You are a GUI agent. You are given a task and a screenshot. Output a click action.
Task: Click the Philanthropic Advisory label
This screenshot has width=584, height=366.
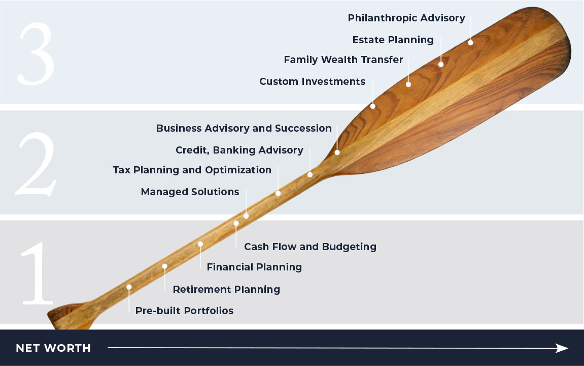tap(406, 18)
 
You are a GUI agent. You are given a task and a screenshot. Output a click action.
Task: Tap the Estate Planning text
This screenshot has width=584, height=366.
tap(393, 40)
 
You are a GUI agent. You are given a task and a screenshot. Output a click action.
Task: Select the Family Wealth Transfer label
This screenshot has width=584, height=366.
tap(343, 59)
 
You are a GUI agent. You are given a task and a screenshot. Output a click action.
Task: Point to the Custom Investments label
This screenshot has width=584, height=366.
tap(312, 81)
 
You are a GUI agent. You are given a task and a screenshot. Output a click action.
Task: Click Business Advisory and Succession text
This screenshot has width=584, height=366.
tap(244, 128)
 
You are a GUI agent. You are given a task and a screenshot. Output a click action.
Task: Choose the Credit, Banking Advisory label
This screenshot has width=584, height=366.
tap(239, 150)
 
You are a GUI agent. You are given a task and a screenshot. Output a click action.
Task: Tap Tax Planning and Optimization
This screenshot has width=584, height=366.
tap(192, 170)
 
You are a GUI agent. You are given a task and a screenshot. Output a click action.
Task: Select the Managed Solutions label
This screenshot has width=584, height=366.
tap(190, 192)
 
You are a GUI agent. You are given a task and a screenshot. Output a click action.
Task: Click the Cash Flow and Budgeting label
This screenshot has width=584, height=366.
tap(310, 247)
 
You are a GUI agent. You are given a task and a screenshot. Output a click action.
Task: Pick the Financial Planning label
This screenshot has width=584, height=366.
tap(254, 267)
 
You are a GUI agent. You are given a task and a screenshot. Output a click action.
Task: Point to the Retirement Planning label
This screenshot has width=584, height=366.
tap(226, 290)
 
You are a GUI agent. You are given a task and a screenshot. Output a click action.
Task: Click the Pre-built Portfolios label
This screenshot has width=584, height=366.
tap(184, 311)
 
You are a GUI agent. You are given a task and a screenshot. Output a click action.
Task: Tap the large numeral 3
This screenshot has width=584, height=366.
tap(36, 53)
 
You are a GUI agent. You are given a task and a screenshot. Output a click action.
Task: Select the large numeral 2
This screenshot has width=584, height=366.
tap(36, 164)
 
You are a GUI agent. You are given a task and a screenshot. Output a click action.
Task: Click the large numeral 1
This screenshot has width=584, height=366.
tap(37, 273)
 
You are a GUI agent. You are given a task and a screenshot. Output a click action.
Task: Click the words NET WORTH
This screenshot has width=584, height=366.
tap(53, 348)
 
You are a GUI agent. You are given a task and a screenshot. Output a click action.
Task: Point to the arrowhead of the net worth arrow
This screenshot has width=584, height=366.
tap(562, 348)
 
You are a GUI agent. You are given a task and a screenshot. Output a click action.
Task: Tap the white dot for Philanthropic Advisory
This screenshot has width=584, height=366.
tap(470, 43)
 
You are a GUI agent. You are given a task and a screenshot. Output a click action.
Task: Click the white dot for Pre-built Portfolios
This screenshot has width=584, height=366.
tap(129, 287)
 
